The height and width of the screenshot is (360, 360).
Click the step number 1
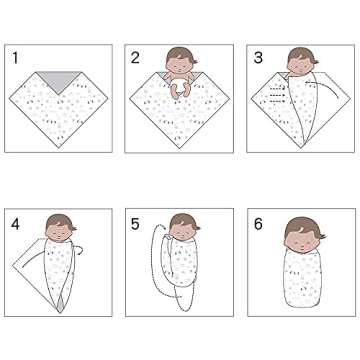[x=16, y=58]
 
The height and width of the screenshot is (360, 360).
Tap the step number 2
[x=135, y=58]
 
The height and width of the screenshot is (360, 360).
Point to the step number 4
[x=16, y=224]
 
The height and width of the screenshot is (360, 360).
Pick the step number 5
[x=135, y=224]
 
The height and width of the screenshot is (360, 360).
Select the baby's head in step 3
[x=299, y=62]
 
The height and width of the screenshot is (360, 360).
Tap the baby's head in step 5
[x=179, y=229]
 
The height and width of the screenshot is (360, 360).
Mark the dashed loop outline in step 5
[x=152, y=270]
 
